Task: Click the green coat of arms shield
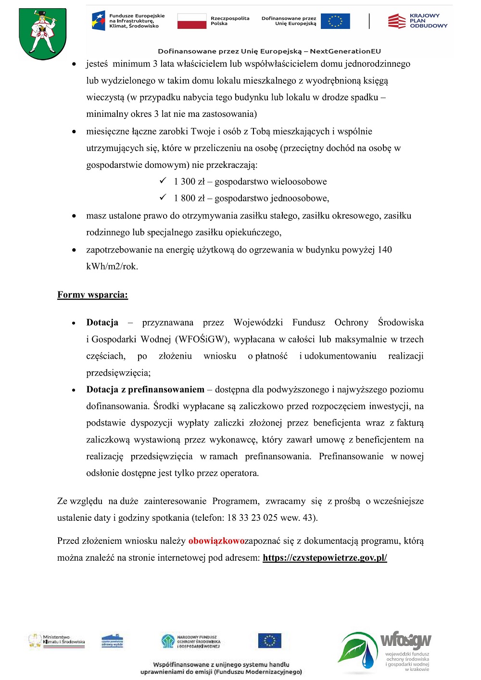pyautogui.click(x=42, y=34)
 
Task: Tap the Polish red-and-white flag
pyautogui.click(x=191, y=21)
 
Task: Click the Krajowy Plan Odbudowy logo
pyautogui.click(x=417, y=21)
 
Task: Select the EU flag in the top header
pyautogui.click(x=335, y=21)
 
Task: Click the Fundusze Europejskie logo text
pyautogui.click(x=137, y=21)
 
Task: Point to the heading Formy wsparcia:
pyautogui.click(x=92, y=295)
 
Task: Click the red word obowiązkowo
pyautogui.click(x=216, y=541)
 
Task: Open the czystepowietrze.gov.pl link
pyautogui.click(x=325, y=558)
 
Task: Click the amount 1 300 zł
pyautogui.click(x=189, y=182)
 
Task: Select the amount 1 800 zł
pyautogui.click(x=189, y=199)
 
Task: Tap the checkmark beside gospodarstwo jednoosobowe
pyautogui.click(x=163, y=198)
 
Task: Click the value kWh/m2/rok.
pyautogui.click(x=112, y=266)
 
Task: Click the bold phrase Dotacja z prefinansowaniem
pyautogui.click(x=145, y=390)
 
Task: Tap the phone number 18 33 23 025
pyautogui.click(x=252, y=518)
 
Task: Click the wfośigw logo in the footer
pyautogui.click(x=385, y=651)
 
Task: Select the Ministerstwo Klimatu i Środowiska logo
pyautogui.click(x=56, y=641)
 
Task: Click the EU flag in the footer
pyautogui.click(x=269, y=641)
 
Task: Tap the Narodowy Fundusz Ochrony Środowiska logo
pyautogui.click(x=191, y=641)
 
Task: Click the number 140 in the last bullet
pyautogui.click(x=385, y=250)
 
